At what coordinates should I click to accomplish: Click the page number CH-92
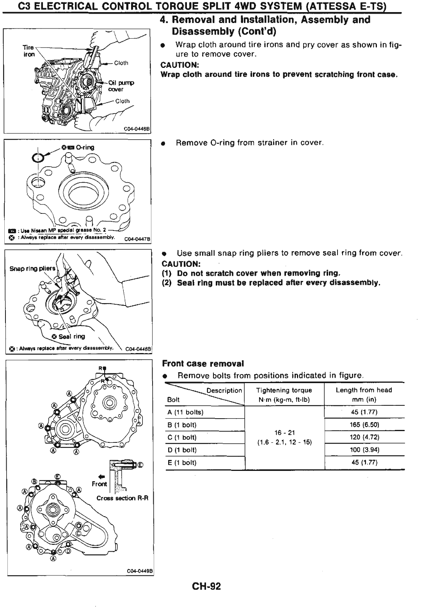[206, 586]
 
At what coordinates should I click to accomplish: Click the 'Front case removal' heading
[203, 364]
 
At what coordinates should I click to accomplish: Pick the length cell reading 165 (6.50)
[364, 424]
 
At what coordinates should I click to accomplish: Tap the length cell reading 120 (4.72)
[364, 437]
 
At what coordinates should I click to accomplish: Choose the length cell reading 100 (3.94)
[364, 450]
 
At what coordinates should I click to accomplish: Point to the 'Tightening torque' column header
[284, 390]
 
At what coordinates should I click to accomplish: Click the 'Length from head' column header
[364, 390]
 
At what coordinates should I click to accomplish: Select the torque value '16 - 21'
[284, 433]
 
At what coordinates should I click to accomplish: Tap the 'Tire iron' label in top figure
[28, 51]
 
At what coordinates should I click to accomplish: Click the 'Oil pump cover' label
[121, 85]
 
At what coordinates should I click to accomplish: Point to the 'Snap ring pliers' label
[32, 268]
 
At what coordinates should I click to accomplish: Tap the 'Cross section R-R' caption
[122, 498]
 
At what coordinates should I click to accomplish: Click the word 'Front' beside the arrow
[99, 484]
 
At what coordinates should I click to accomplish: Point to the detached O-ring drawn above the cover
[38, 157]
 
